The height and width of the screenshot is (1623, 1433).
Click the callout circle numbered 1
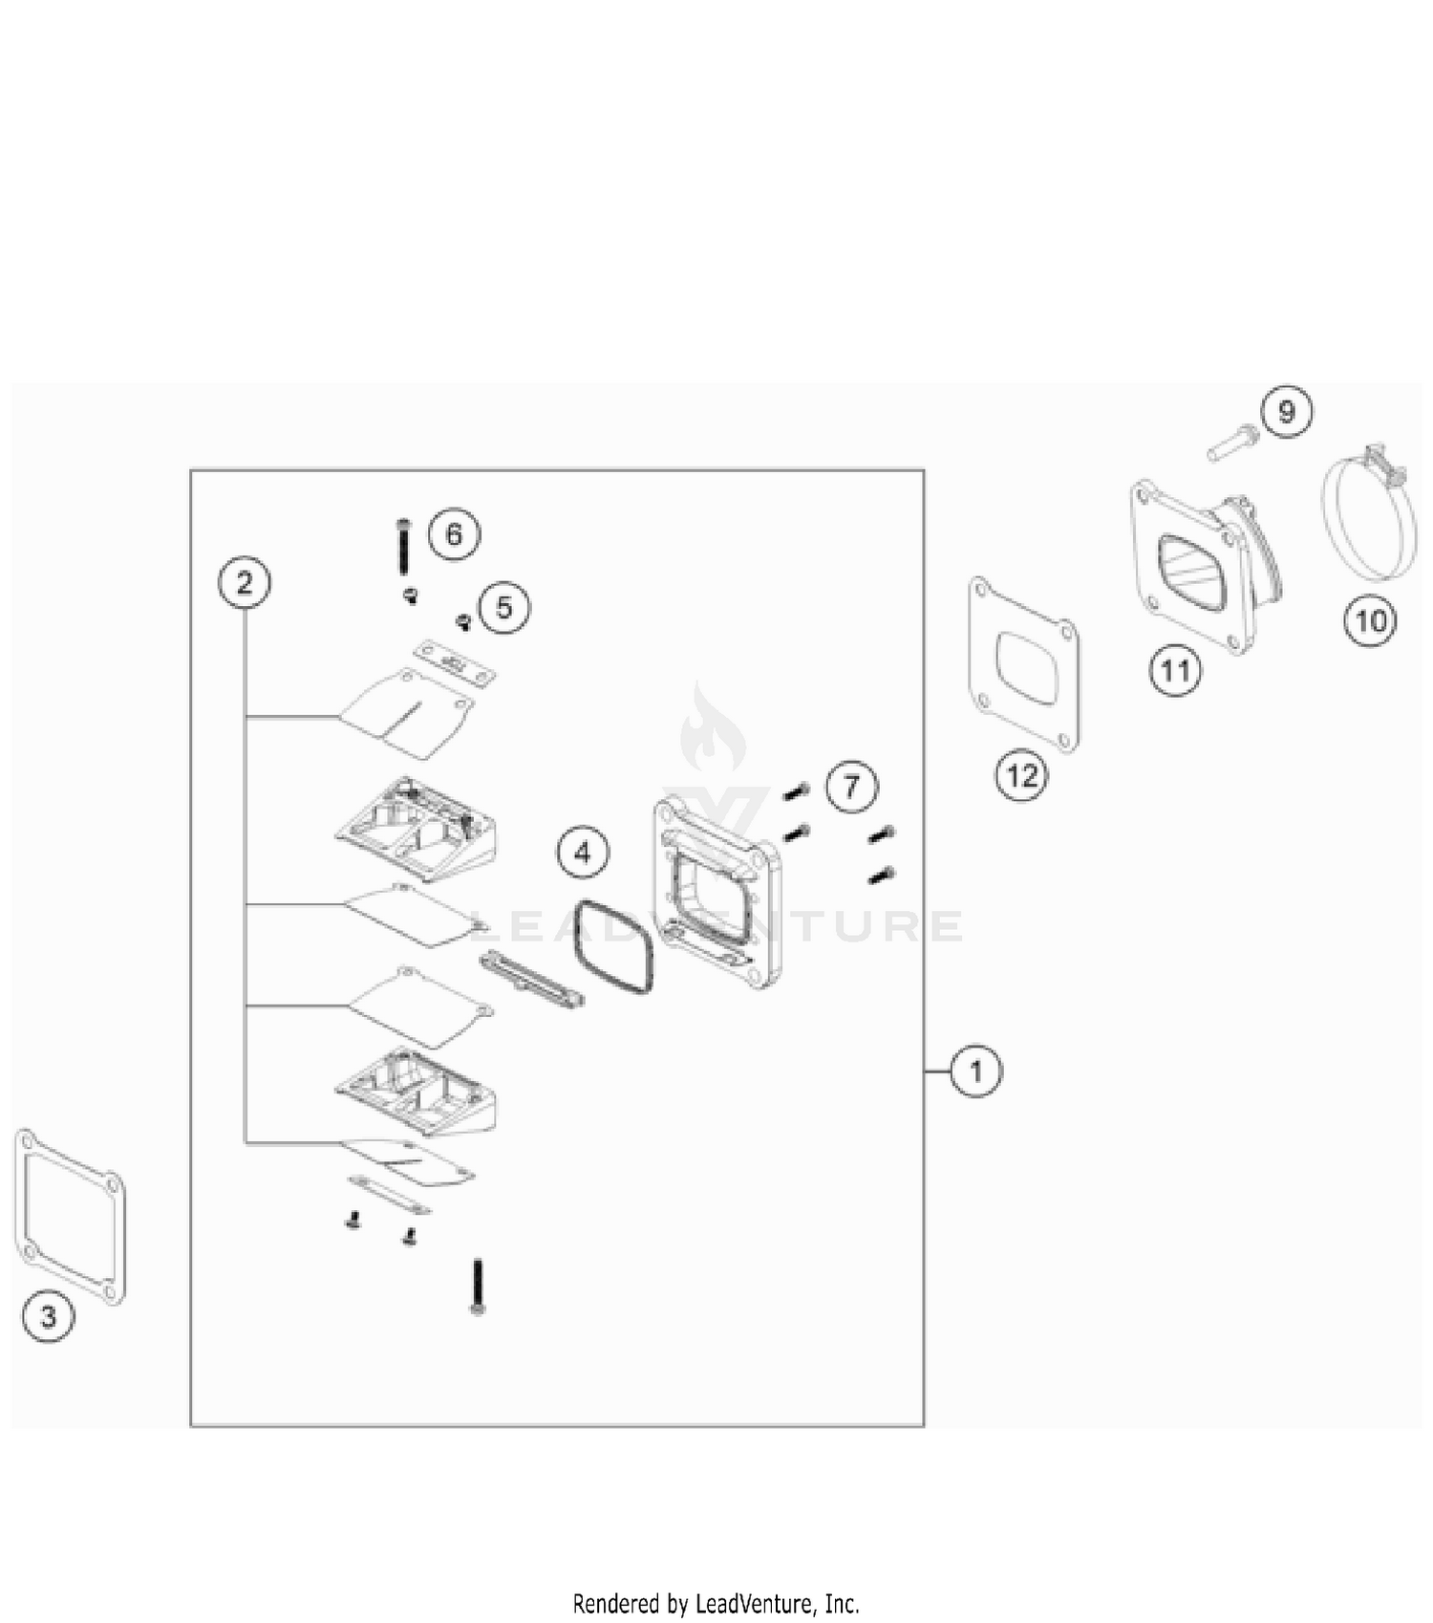975,1071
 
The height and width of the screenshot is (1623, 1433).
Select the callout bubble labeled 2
245,582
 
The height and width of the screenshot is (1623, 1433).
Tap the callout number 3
48,1316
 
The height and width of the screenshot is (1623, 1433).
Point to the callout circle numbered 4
583,852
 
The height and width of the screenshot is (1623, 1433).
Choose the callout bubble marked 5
504,607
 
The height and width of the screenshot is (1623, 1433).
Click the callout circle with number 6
454,533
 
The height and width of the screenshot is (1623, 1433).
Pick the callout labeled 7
851,787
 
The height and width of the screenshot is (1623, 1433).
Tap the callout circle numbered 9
1287,411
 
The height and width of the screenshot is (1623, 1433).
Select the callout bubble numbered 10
1371,621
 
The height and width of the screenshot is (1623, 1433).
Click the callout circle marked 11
1175,671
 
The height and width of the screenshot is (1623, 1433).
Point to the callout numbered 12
1021,775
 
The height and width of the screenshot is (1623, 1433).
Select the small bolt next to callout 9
1232,444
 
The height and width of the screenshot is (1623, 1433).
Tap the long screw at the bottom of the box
478,1287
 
